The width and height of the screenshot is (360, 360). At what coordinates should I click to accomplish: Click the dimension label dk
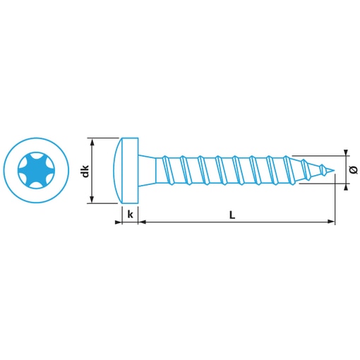85,171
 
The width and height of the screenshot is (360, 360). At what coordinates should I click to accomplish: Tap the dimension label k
130,215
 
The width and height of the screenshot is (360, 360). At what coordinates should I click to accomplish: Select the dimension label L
232,215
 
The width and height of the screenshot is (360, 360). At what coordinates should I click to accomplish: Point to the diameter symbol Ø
353,169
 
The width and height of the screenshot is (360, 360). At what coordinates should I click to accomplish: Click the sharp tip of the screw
334,170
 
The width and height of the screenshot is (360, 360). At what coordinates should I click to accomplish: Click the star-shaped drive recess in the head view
36,169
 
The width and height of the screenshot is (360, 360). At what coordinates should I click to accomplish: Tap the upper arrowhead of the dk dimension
92,142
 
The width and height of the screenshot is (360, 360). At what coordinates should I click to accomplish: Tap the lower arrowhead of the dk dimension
92,199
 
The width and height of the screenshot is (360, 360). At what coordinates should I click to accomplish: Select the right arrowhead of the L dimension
330,222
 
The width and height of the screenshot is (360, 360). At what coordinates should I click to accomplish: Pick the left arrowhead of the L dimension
142,222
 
